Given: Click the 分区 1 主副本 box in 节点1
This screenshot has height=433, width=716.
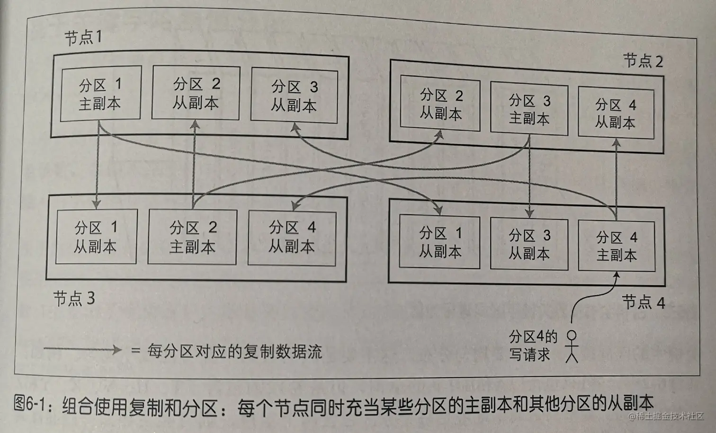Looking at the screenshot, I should point(100,93).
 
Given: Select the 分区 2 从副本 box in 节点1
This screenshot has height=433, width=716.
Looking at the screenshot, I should point(196,93).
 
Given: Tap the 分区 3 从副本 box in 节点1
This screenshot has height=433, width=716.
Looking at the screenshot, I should point(294,96).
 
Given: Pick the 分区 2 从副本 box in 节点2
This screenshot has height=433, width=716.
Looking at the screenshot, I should point(440,105).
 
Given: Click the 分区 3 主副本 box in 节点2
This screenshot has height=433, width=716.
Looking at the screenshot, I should point(529,109).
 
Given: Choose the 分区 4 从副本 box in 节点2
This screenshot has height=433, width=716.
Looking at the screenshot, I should point(616,114).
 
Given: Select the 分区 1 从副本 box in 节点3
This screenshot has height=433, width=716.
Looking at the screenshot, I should point(96,237).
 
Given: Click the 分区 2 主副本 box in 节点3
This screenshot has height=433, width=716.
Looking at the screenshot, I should point(192,237).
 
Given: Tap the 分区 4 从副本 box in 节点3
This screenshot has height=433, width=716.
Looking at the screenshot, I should point(292,237).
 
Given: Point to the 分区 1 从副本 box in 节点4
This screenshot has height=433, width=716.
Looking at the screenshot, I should point(440,242).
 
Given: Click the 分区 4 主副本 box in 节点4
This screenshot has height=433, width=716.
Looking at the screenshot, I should point(616,246).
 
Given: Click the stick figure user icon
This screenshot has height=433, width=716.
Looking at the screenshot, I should point(572,346).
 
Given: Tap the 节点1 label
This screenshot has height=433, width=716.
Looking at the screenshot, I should point(83,37).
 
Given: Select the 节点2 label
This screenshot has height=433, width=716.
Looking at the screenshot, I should point(642,61).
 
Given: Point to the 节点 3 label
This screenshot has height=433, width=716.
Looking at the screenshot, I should point(74,298).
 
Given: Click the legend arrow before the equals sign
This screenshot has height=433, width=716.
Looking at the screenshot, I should point(82,350).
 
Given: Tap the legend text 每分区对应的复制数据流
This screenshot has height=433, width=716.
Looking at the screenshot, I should point(234,351).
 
